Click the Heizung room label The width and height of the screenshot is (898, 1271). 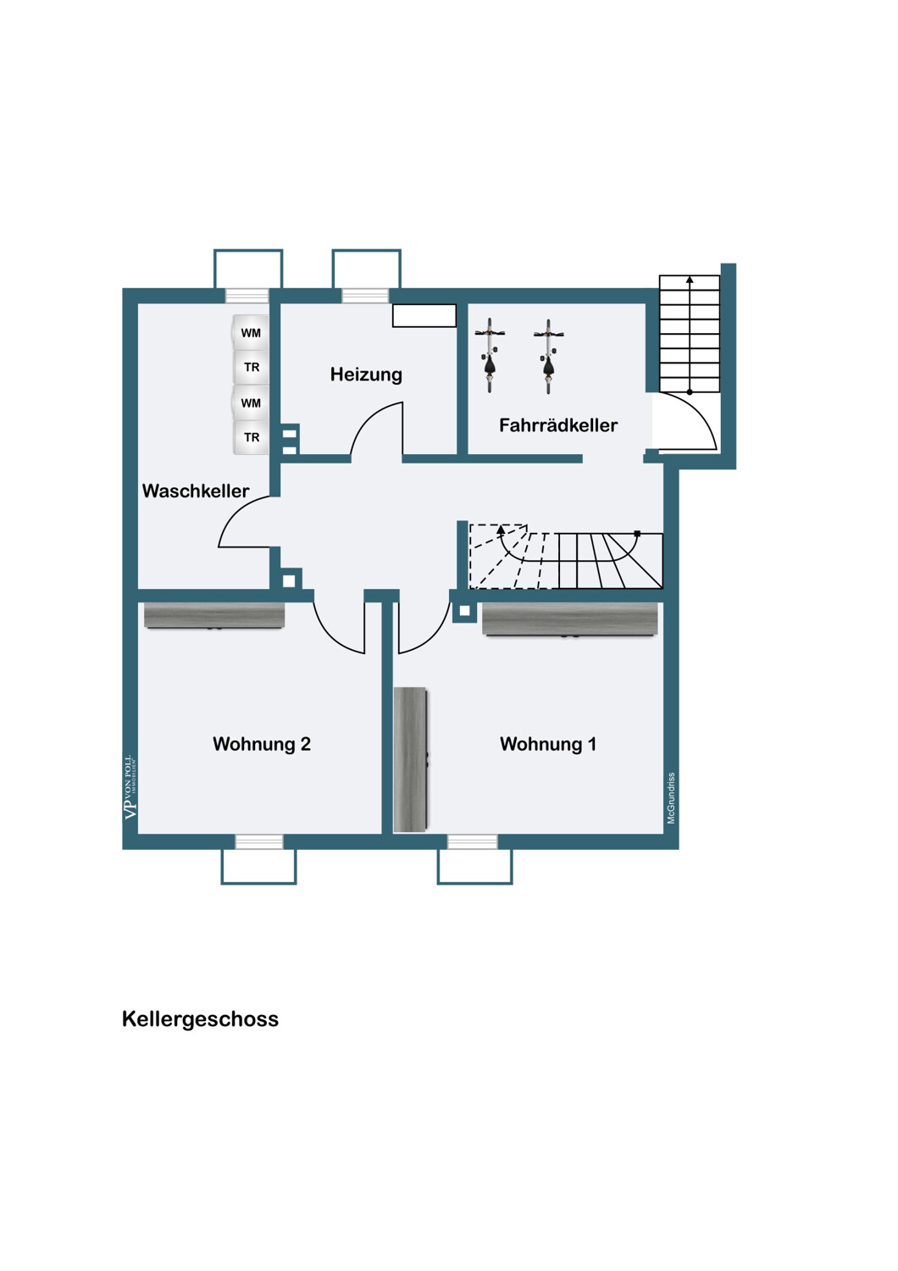366,375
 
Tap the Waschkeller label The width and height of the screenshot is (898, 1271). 196,491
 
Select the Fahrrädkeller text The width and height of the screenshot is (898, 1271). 558,425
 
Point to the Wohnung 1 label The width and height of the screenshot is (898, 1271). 548,744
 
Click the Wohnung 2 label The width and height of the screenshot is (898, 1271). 262,744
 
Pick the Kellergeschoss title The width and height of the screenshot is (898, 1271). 200,1019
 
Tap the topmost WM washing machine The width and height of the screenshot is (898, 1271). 250,332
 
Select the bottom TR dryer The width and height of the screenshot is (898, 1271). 251,437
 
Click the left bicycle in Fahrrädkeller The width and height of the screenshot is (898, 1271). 491,356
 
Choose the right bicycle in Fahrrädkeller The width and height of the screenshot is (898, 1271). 548,356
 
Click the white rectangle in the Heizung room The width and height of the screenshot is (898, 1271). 424,315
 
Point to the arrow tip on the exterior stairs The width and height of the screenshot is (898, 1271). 690,279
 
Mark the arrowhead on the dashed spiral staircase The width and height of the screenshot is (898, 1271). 501,530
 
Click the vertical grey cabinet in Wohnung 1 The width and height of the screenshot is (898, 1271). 410,760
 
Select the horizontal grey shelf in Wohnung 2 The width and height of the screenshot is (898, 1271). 214,616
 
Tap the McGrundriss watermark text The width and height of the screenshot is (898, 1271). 671,798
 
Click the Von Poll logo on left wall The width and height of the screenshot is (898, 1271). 130,787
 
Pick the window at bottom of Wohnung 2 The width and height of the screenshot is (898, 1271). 259,841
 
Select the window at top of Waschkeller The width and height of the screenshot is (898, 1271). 247,296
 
